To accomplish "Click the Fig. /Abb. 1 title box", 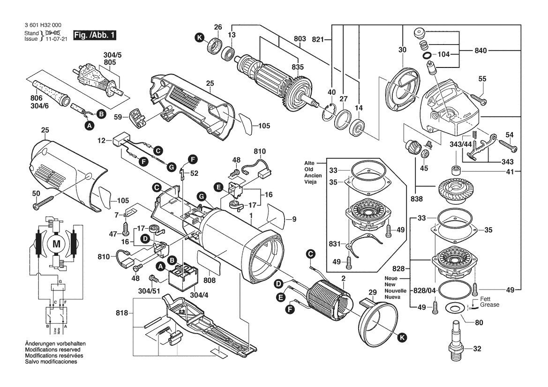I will (x=94, y=36).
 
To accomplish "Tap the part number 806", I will (x=36, y=98).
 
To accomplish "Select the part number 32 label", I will (x=477, y=349).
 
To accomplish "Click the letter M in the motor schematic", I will (x=57, y=243).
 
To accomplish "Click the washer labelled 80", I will (x=453, y=308).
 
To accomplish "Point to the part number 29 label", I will (x=372, y=292).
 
